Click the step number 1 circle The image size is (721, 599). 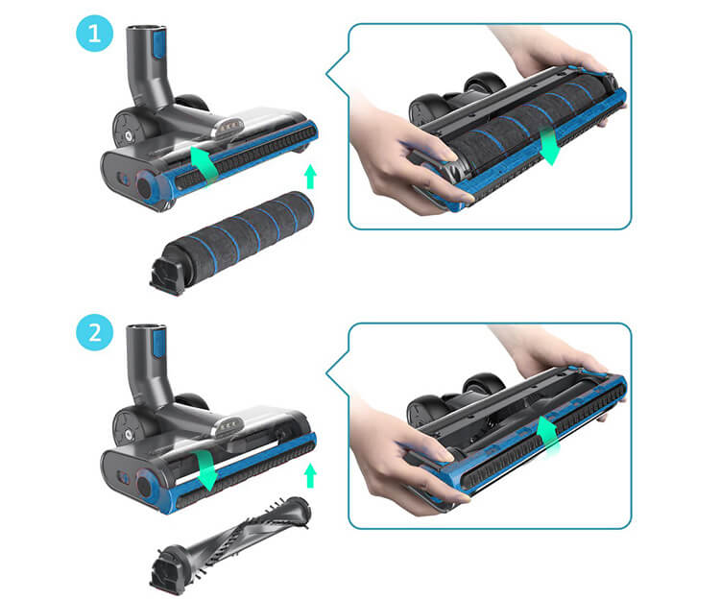pos(94,34)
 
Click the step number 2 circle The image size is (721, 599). pos(94,332)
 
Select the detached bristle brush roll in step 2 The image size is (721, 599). pos(229,544)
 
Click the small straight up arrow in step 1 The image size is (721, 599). pos(311,177)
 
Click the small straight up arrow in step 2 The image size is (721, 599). pos(311,476)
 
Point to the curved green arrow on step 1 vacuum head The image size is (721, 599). pos(204,164)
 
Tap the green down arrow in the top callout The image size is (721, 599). pos(548,146)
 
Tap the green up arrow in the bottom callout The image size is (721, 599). pos(547,436)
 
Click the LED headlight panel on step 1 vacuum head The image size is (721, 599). pos(227,128)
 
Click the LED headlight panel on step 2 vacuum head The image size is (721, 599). pos(227,427)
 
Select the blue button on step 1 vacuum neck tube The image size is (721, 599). pos(157,43)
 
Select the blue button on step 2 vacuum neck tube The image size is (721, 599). pos(159,343)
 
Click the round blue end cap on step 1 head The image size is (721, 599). pos(146,185)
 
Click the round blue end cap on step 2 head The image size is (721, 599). pos(146,486)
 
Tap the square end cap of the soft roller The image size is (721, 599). pos(166,276)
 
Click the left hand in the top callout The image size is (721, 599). pos(404,161)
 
